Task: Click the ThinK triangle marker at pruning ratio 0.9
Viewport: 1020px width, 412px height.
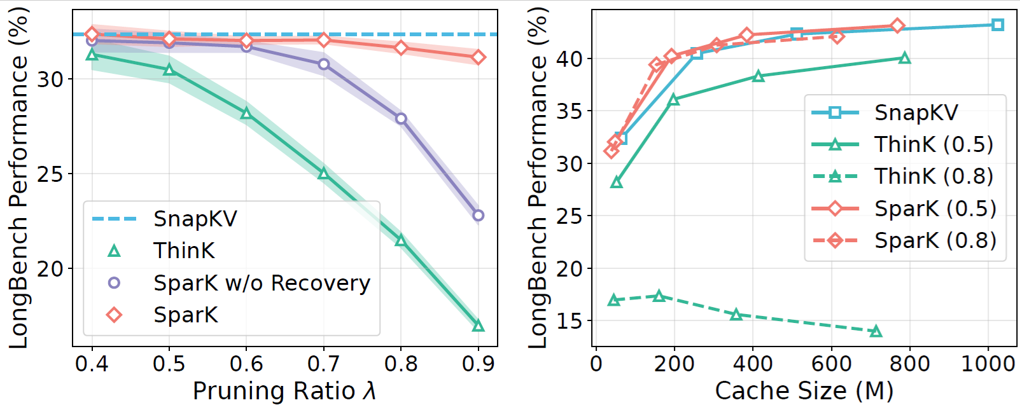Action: [x=479, y=326]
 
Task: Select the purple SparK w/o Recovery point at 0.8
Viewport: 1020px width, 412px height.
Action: [x=401, y=119]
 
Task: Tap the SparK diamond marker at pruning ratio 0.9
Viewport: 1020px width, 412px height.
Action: [x=479, y=58]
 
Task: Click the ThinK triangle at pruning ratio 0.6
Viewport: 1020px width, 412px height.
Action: [x=246, y=114]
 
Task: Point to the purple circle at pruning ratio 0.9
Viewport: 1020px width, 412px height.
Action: [x=479, y=216]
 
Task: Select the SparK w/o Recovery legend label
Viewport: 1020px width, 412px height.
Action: [x=262, y=283]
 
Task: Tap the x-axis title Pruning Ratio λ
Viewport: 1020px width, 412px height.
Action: [x=284, y=391]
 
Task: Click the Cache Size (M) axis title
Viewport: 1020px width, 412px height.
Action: [x=804, y=391]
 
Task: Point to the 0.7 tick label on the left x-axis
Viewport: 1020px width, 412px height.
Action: [x=323, y=364]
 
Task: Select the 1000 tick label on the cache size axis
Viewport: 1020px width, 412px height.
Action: [x=988, y=364]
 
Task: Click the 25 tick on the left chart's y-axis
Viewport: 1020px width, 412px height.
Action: [x=50, y=174]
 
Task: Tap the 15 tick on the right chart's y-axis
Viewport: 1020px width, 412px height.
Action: [x=569, y=321]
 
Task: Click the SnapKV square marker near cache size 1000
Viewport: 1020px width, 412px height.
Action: [x=998, y=25]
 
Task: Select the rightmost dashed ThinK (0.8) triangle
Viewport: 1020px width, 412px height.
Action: [x=876, y=331]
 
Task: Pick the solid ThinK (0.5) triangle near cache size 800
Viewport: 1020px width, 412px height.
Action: [x=905, y=58]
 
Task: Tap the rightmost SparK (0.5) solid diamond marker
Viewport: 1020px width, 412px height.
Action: [x=897, y=26]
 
